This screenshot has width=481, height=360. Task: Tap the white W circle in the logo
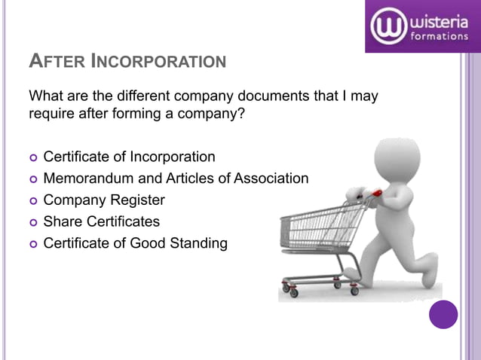389,26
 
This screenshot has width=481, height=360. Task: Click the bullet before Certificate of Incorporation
32,157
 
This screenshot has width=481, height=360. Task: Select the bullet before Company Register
32,201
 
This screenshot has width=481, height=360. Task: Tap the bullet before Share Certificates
32,222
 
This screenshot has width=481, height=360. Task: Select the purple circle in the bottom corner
443,314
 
